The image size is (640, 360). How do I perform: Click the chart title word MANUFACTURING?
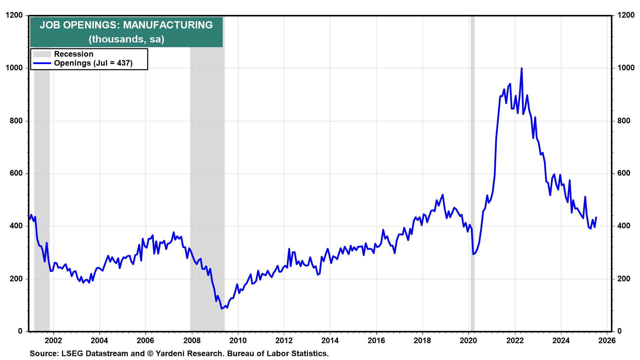click(168, 25)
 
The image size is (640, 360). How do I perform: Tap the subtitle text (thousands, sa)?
click(127, 39)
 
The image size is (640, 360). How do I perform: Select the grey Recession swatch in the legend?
click(42, 54)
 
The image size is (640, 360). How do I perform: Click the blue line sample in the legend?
click(42, 63)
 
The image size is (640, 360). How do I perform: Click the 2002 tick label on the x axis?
click(53, 340)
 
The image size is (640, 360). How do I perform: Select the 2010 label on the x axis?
click(238, 340)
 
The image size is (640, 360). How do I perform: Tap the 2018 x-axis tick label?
click(422, 340)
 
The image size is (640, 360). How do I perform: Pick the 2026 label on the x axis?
click(607, 340)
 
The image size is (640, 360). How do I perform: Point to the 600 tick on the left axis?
click(16, 173)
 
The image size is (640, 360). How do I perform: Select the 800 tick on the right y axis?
click(624, 121)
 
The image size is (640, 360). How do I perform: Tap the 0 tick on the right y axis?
click(619, 331)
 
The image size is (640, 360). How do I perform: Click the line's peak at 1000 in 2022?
click(521, 68)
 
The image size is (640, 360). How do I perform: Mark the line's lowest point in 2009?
click(222, 309)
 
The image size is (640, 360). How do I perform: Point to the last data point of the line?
click(596, 217)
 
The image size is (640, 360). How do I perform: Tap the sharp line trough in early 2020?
click(473, 254)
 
